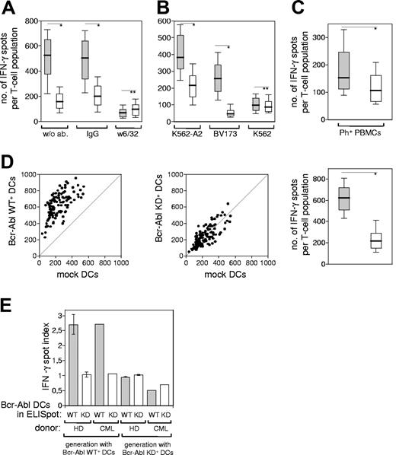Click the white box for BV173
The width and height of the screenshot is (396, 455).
[x=230, y=113]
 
